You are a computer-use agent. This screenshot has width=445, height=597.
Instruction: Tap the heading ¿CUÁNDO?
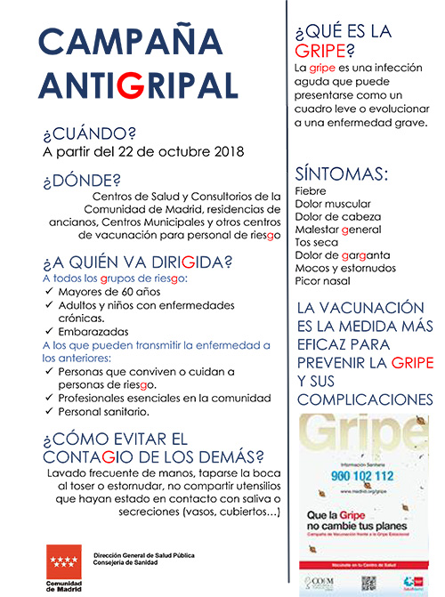(89, 134)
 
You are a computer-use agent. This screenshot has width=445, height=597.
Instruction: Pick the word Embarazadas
(95, 331)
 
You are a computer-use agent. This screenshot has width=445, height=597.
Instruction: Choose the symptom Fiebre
(311, 190)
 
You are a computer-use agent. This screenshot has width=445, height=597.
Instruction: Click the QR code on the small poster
(368, 583)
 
